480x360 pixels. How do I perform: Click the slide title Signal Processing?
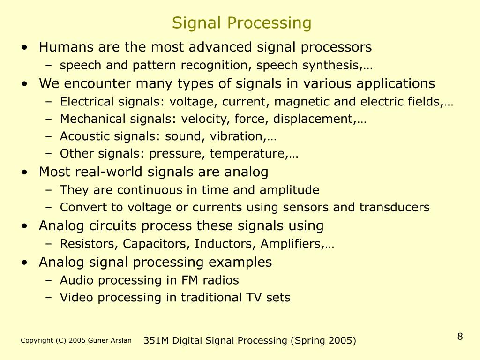[x=241, y=22]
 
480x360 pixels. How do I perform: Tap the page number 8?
[x=460, y=337]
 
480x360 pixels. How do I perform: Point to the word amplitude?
[x=291, y=190]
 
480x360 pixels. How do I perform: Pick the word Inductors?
[x=216, y=244]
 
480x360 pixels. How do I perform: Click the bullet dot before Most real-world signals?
[x=24, y=172]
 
